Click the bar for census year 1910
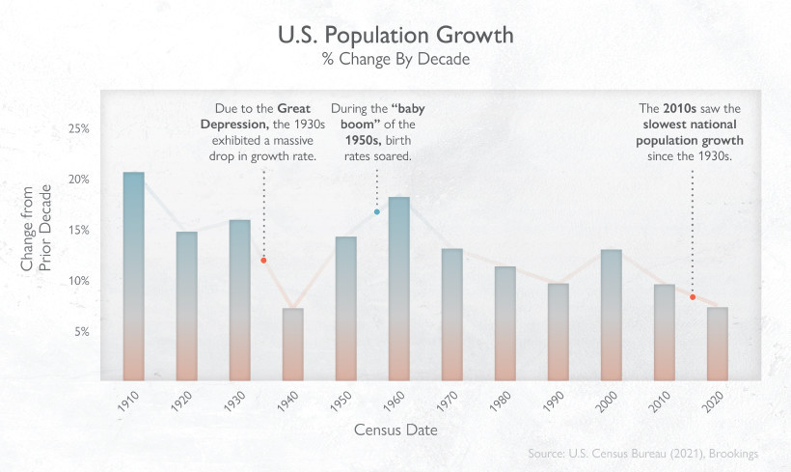coord(134,276)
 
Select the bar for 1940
coord(293,344)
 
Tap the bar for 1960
coord(399,289)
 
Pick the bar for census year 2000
coord(612,315)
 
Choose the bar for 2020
coord(718,344)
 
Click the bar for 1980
coord(505,323)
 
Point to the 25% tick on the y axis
coord(76,128)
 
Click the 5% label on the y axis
coord(79,331)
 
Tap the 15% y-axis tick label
coord(76,230)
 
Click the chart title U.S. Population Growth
coord(395,36)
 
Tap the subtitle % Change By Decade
coord(395,60)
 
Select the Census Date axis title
coord(395,430)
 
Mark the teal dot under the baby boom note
coord(377,211)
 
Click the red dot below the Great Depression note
coord(263,260)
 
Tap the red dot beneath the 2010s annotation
coord(693,297)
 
